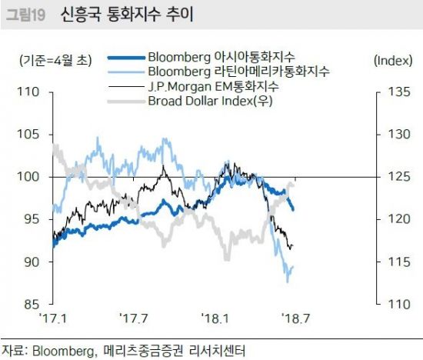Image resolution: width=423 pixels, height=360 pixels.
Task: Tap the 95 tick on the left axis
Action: point(30,219)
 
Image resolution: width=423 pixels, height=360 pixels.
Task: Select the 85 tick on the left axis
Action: point(30,304)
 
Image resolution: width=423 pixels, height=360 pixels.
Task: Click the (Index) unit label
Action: point(392,59)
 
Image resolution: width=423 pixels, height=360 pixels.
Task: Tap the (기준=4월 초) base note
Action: point(53,59)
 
